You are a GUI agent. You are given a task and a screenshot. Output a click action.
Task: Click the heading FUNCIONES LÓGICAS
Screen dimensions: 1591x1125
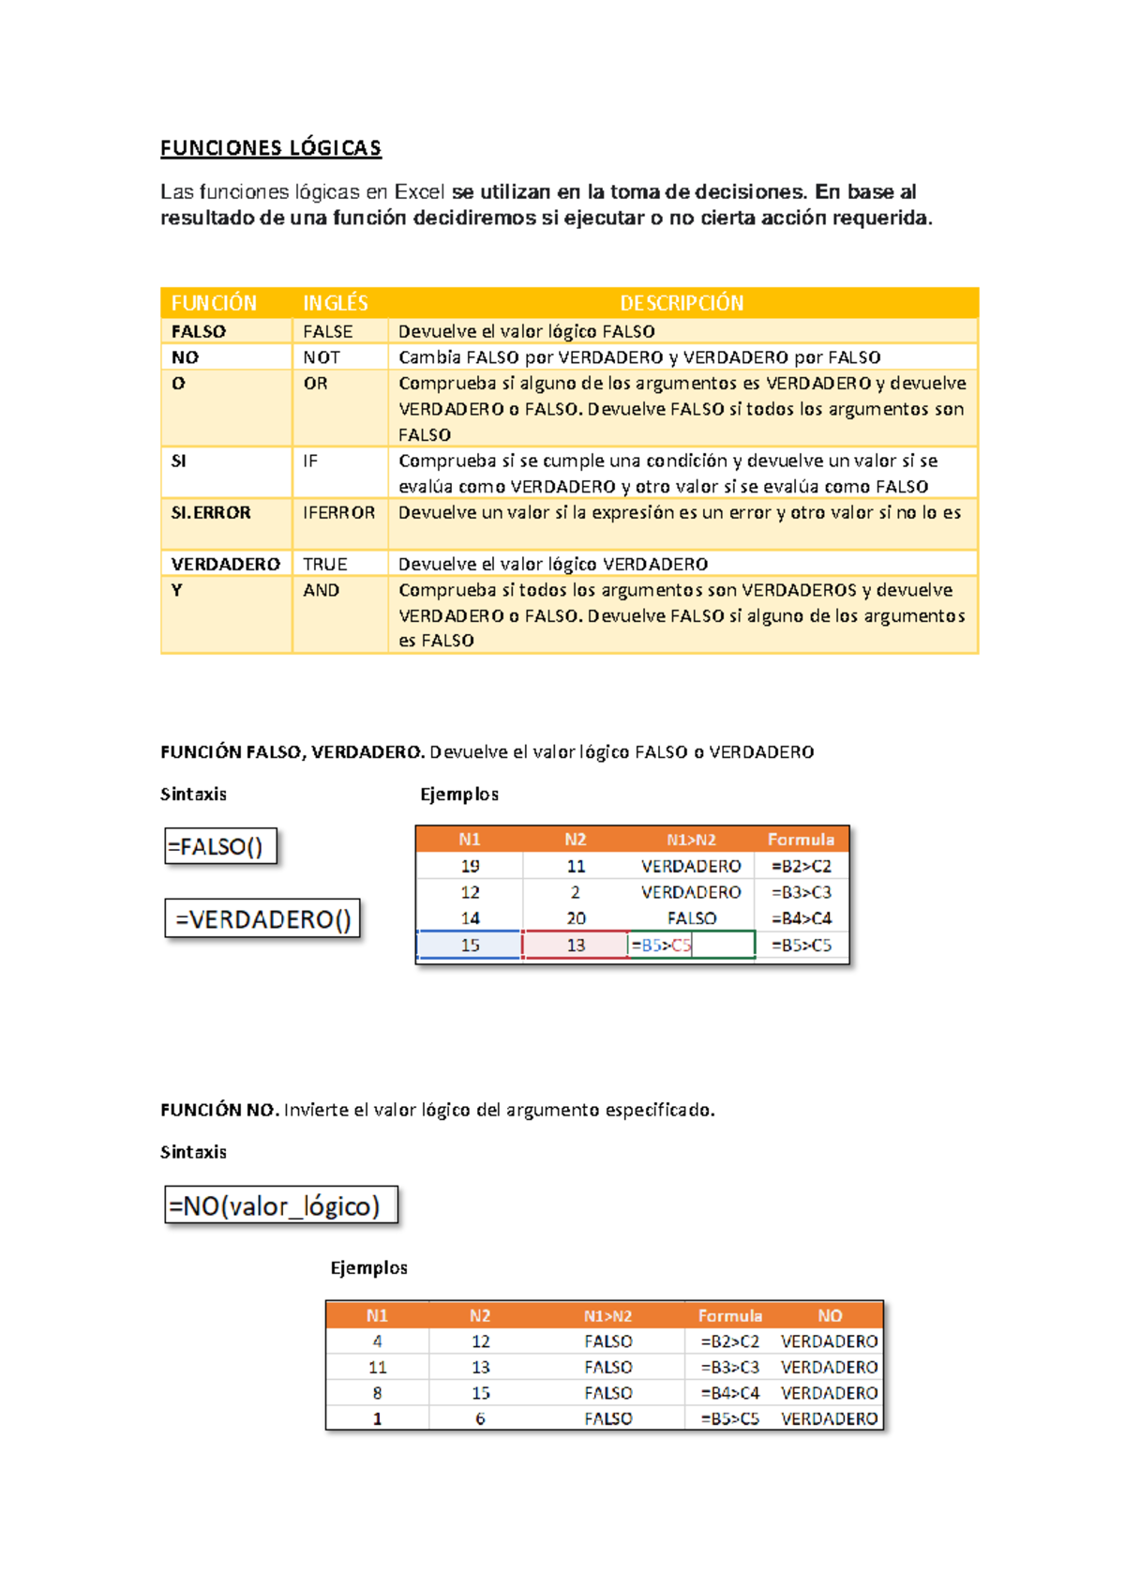pyautogui.click(x=270, y=148)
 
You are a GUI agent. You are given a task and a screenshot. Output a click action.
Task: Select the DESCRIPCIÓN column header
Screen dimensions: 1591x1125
pyautogui.click(x=682, y=303)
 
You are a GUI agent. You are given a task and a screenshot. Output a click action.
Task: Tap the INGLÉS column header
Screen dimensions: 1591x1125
pyautogui.click(x=336, y=303)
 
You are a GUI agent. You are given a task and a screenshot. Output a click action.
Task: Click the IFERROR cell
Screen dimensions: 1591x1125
pyautogui.click(x=338, y=513)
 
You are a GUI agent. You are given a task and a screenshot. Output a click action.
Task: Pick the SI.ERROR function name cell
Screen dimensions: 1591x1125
pyautogui.click(x=211, y=513)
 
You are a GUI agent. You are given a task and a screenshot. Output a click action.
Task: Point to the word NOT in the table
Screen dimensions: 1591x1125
pyautogui.click(x=322, y=357)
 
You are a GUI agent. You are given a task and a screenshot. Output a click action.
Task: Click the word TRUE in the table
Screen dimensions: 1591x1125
pyautogui.click(x=324, y=564)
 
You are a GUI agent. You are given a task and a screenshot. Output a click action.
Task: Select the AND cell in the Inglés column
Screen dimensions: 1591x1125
pyautogui.click(x=321, y=590)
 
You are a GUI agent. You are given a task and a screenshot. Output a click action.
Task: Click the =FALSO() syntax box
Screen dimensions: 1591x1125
pyautogui.click(x=220, y=846)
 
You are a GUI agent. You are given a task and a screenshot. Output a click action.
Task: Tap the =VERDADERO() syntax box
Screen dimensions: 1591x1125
pyautogui.click(x=262, y=919)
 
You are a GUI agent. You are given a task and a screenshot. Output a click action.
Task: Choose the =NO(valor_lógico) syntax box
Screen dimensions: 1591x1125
pyautogui.click(x=280, y=1205)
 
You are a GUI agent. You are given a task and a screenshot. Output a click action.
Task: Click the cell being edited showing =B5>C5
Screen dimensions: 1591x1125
pyautogui.click(x=690, y=945)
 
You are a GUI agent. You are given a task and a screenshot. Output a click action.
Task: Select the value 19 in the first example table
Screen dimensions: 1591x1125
pyautogui.click(x=470, y=866)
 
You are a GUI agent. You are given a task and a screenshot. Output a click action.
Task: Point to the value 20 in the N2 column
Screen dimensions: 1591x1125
pyautogui.click(x=576, y=918)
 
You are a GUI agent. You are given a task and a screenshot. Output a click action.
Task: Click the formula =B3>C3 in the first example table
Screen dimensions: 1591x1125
pyautogui.click(x=801, y=892)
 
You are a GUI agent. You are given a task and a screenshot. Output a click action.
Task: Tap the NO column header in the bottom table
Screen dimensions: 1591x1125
pyautogui.click(x=830, y=1315)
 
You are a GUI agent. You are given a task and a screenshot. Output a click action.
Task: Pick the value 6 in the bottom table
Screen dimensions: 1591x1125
pyautogui.click(x=480, y=1418)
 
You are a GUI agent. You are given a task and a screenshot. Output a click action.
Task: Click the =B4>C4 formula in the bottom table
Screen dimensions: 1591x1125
pyautogui.click(x=729, y=1393)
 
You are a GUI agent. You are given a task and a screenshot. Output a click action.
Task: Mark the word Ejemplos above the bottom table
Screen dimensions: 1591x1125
pyautogui.click(x=368, y=1267)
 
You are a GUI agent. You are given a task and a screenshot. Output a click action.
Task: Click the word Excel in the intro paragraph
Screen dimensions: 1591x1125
pyautogui.click(x=419, y=192)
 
